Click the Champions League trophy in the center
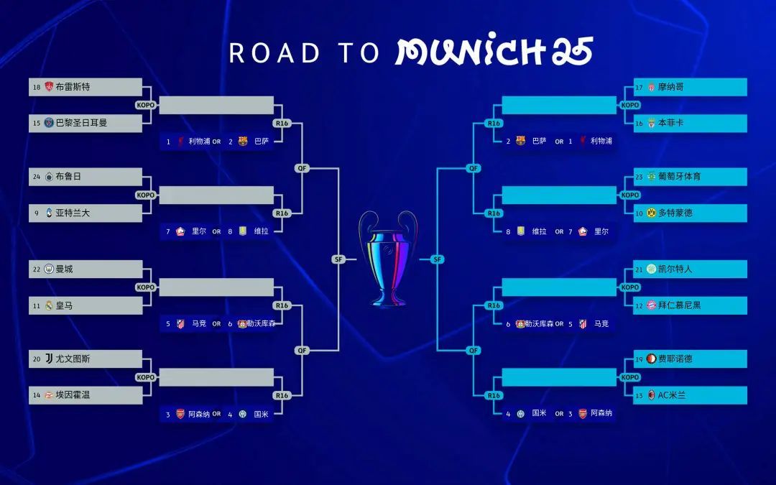[388, 259]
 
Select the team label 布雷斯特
[73, 87]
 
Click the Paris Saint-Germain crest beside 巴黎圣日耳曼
[49, 123]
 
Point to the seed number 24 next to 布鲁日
[37, 177]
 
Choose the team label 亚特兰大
[73, 213]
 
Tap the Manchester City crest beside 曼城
[49, 269]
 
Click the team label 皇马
[65, 305]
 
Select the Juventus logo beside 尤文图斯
[49, 359]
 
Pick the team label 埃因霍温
[73, 395]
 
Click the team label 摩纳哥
[671, 87]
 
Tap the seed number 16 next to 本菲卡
[639, 124]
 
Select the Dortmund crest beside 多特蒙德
[651, 213]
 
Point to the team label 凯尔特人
[675, 269]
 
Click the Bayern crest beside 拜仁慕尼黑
[651, 305]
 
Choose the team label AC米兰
[672, 395]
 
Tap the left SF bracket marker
[338, 259]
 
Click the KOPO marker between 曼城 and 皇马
[145, 287]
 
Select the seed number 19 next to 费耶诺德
[639, 359]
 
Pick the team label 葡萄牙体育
[680, 177]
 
